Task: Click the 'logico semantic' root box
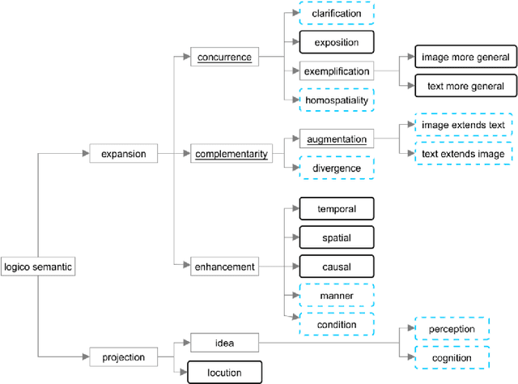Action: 39,266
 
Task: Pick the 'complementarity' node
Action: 232,152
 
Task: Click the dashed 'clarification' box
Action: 337,14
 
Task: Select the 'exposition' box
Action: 337,42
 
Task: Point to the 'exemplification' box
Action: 337,71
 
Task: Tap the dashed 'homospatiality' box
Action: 337,100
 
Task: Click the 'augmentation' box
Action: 337,139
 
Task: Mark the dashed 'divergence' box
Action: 337,168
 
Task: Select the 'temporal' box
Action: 337,208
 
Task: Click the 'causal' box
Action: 337,266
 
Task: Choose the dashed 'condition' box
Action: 337,323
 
